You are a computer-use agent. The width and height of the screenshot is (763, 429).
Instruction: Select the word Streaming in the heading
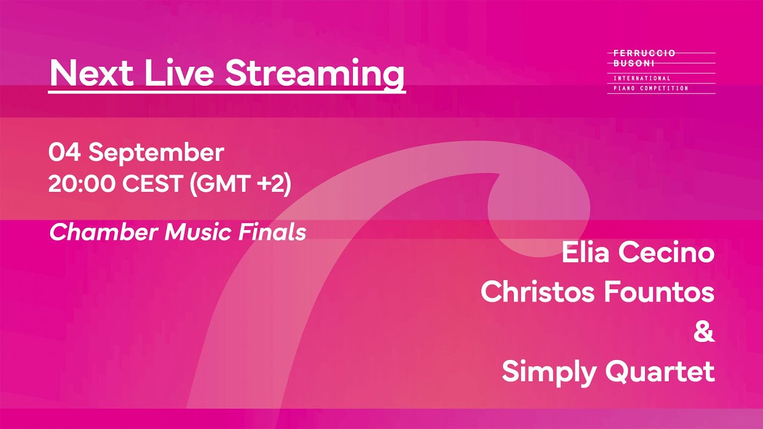[315, 74]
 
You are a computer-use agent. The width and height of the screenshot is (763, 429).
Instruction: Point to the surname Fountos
[659, 293]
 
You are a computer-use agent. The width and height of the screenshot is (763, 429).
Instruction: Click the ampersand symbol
[704, 332]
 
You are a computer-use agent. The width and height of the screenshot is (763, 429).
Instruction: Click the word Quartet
[660, 372]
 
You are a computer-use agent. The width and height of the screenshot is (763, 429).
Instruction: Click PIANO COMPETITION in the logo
[650, 88]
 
